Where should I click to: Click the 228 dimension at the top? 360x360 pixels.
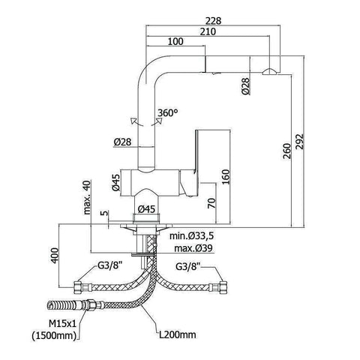(213, 21)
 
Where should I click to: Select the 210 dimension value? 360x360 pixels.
(208, 31)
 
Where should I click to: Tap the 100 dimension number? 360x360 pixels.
(175, 41)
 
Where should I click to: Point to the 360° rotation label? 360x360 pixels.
(168, 113)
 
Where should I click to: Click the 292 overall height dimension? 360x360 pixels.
(299, 142)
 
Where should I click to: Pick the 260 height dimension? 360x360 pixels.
(287, 151)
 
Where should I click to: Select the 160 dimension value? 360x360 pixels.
(226, 177)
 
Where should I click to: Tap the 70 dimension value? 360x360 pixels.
(211, 203)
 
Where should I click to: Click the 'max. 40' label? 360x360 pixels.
(87, 197)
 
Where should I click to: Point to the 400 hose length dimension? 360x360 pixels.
(55, 255)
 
